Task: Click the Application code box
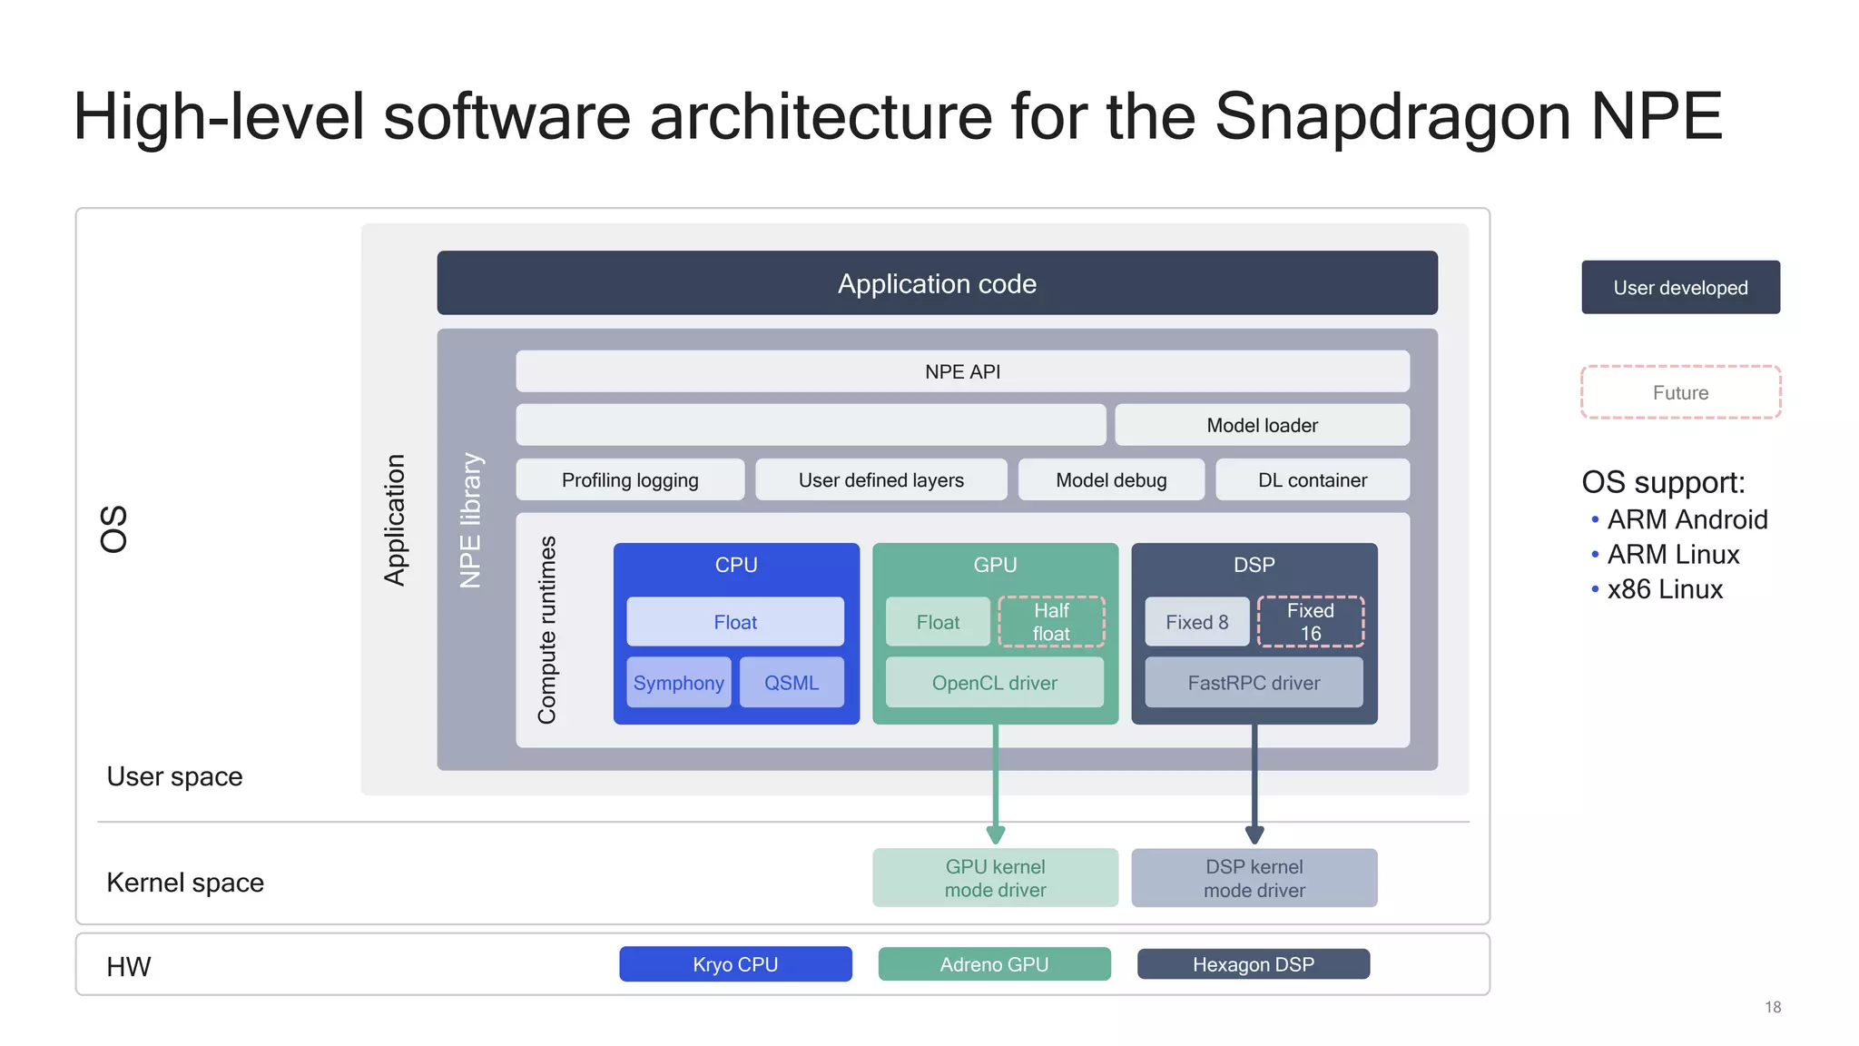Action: (x=937, y=283)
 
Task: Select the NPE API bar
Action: (x=962, y=371)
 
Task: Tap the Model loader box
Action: (x=1262, y=425)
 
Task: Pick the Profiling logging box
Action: (x=630, y=479)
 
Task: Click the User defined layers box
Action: (x=880, y=479)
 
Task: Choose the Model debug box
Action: (x=1111, y=479)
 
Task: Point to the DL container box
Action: (x=1312, y=479)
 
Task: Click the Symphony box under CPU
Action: (x=679, y=682)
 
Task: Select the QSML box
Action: (x=792, y=682)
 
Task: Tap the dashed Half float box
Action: (x=1051, y=622)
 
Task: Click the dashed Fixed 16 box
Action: (x=1310, y=622)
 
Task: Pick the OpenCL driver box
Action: (x=994, y=682)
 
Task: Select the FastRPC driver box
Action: (x=1254, y=682)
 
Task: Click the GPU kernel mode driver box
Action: (x=995, y=878)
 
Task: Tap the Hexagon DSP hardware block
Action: (x=1253, y=964)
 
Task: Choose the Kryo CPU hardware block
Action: (x=735, y=964)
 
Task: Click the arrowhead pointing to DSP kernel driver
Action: (x=1254, y=834)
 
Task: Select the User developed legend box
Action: (x=1680, y=288)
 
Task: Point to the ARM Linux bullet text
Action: (x=1673, y=554)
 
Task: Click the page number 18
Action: (x=1773, y=1007)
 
